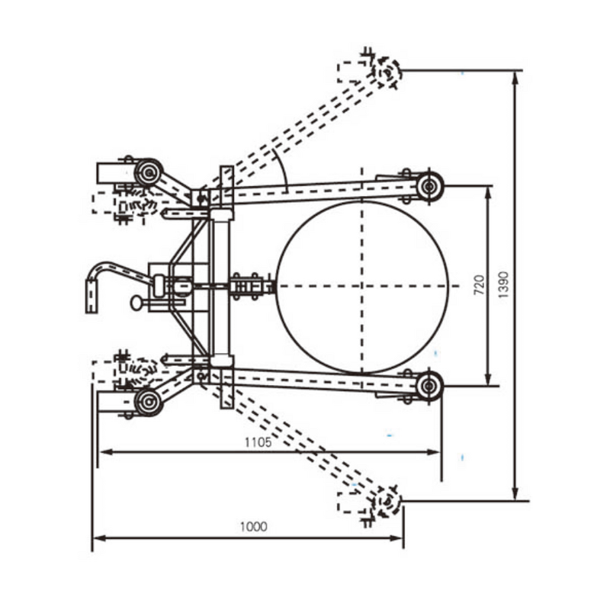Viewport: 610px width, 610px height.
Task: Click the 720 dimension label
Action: click(479, 284)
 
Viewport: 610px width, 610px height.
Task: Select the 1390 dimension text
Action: click(504, 284)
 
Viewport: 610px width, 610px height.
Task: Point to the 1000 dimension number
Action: click(254, 526)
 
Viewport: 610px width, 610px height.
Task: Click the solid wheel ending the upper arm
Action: click(429, 186)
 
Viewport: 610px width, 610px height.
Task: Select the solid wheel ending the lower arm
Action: click(429, 385)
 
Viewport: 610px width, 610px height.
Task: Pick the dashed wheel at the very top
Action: click(387, 72)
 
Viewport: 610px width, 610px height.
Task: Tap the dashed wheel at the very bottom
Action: click(387, 501)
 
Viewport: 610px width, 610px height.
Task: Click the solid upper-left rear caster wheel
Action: click(149, 173)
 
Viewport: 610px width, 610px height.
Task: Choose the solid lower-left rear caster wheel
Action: click(148, 401)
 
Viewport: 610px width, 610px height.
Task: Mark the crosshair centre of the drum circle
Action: click(362, 286)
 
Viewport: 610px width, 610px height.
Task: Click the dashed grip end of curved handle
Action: click(91, 296)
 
